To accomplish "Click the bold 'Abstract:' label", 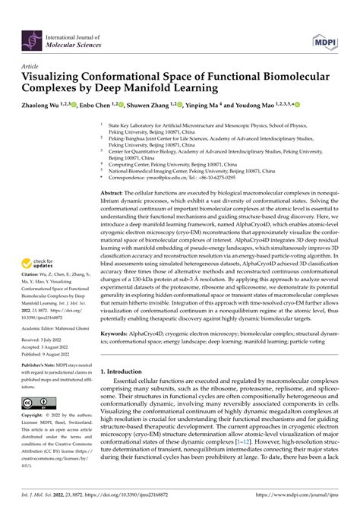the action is click(x=115, y=194).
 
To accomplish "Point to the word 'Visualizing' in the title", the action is click(x=55, y=79).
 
